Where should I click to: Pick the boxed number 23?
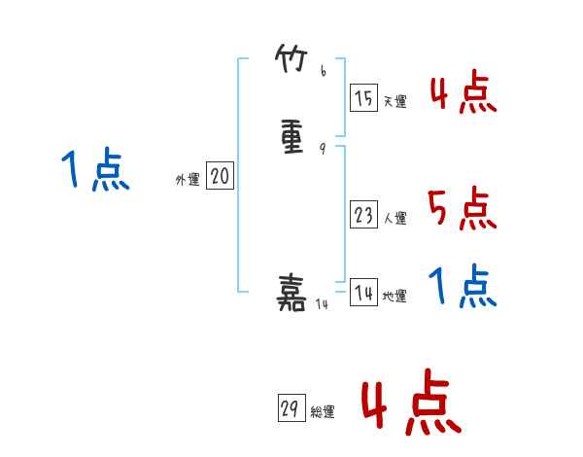(364, 215)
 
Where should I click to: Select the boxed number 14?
(364, 293)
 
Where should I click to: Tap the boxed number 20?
(221, 176)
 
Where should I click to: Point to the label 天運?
(394, 102)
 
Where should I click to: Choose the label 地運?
(394, 297)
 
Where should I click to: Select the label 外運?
(188, 180)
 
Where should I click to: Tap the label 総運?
(322, 413)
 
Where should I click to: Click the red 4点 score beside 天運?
(463, 94)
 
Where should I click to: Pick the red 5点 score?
(463, 209)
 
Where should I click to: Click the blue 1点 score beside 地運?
(463, 288)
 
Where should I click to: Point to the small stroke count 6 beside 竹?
(324, 71)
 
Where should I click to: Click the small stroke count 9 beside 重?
(324, 149)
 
